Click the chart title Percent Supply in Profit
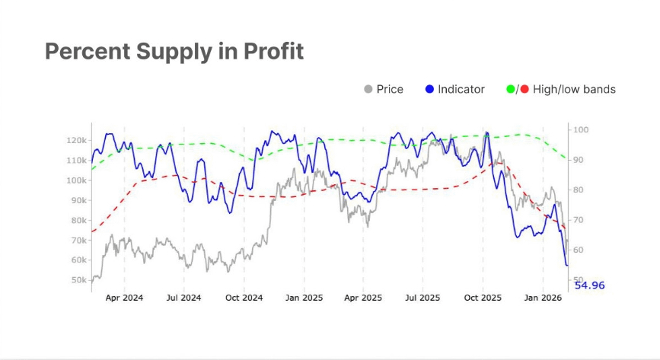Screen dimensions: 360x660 174,52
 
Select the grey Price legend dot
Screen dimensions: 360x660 368,89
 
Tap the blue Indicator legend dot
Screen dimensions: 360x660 429,89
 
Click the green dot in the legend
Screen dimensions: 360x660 511,89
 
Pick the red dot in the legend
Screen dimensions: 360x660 524,89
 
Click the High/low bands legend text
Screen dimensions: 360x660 574,89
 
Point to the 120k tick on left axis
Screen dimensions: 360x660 76,141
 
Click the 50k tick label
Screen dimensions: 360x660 78,280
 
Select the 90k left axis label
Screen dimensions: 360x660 78,200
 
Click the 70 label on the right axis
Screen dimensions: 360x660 579,220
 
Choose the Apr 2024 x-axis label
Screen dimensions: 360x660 124,298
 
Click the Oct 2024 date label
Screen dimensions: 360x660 244,298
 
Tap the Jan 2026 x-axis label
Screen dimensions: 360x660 542,298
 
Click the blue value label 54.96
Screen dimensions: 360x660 590,285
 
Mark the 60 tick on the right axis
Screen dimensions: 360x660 579,250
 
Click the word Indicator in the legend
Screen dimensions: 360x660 462,89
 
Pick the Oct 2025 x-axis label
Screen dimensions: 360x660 483,298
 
